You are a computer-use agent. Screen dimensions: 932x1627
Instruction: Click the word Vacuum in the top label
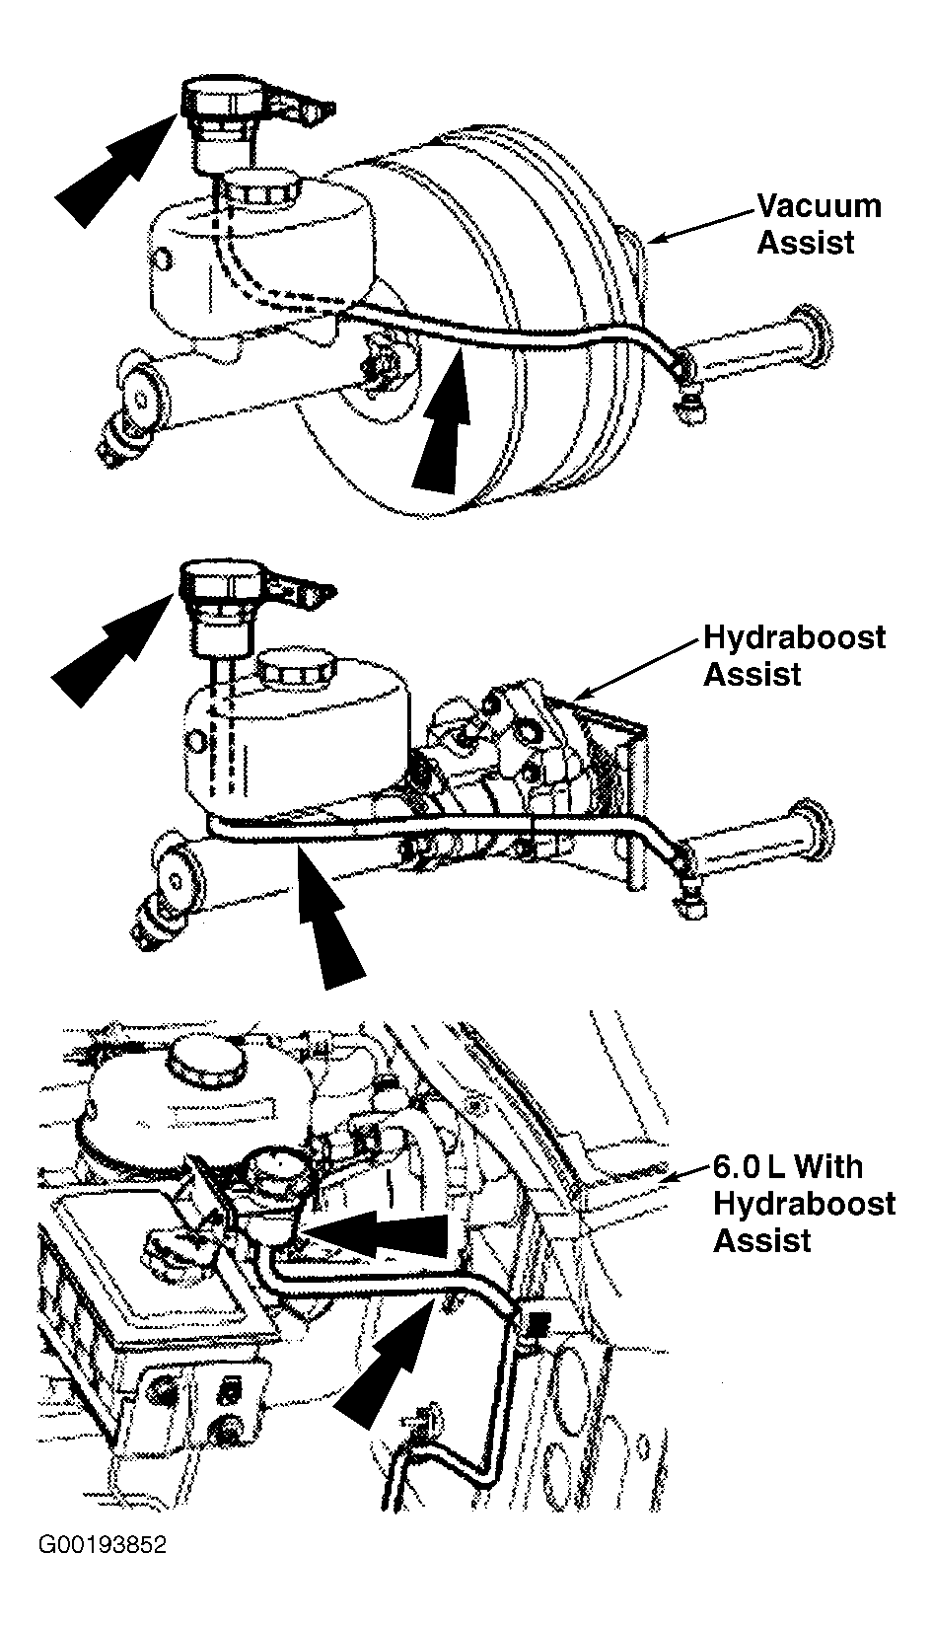point(820,206)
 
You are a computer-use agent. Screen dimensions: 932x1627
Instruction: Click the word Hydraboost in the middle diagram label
point(794,637)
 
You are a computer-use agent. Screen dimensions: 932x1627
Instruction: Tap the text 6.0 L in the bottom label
point(748,1167)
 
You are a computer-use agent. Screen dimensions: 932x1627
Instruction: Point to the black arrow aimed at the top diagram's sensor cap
point(116,167)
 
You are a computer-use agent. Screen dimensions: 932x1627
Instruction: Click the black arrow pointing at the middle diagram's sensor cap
point(112,647)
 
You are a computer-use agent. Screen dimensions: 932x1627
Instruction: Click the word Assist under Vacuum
point(806,243)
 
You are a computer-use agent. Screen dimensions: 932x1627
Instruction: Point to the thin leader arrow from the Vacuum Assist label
point(700,227)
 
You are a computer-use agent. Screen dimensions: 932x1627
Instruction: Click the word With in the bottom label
point(828,1167)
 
